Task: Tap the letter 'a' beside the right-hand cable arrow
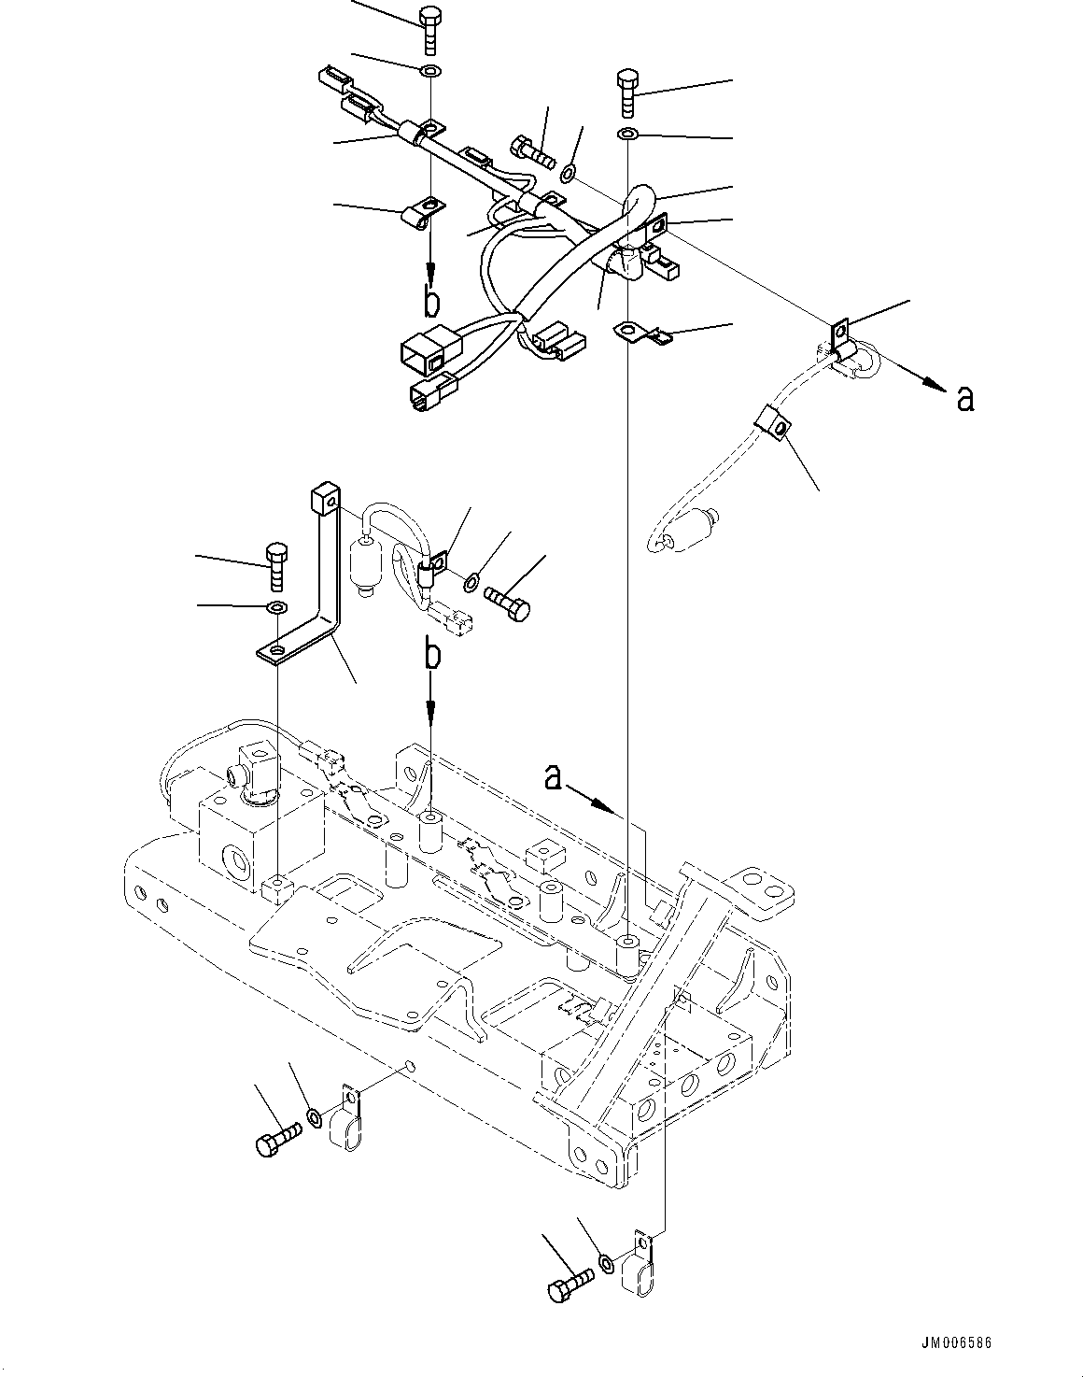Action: [x=965, y=399]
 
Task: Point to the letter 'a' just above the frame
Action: [x=554, y=776]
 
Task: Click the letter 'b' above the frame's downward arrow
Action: [x=430, y=655]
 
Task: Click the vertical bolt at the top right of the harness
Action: [x=627, y=92]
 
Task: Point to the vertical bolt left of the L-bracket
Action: [x=276, y=565]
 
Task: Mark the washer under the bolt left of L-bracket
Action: [x=276, y=609]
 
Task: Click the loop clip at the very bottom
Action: [x=640, y=1266]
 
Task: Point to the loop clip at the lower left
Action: [x=345, y=1121]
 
